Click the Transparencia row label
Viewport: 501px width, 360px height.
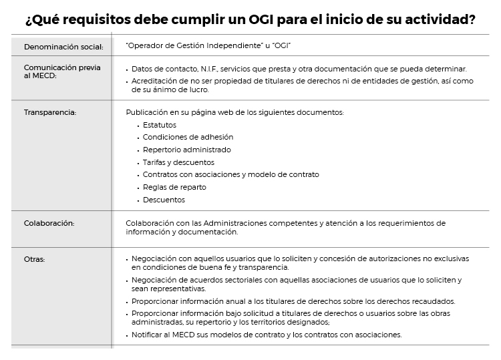50,112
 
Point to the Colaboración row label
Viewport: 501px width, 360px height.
49,223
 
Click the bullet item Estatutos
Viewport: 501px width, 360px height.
160,124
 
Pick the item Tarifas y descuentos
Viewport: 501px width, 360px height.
178,162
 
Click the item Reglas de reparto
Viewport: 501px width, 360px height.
174,187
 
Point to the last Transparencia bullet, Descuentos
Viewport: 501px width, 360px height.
164,200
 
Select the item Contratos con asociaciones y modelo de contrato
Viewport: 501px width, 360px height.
230,174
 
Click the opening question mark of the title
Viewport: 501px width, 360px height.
28,20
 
